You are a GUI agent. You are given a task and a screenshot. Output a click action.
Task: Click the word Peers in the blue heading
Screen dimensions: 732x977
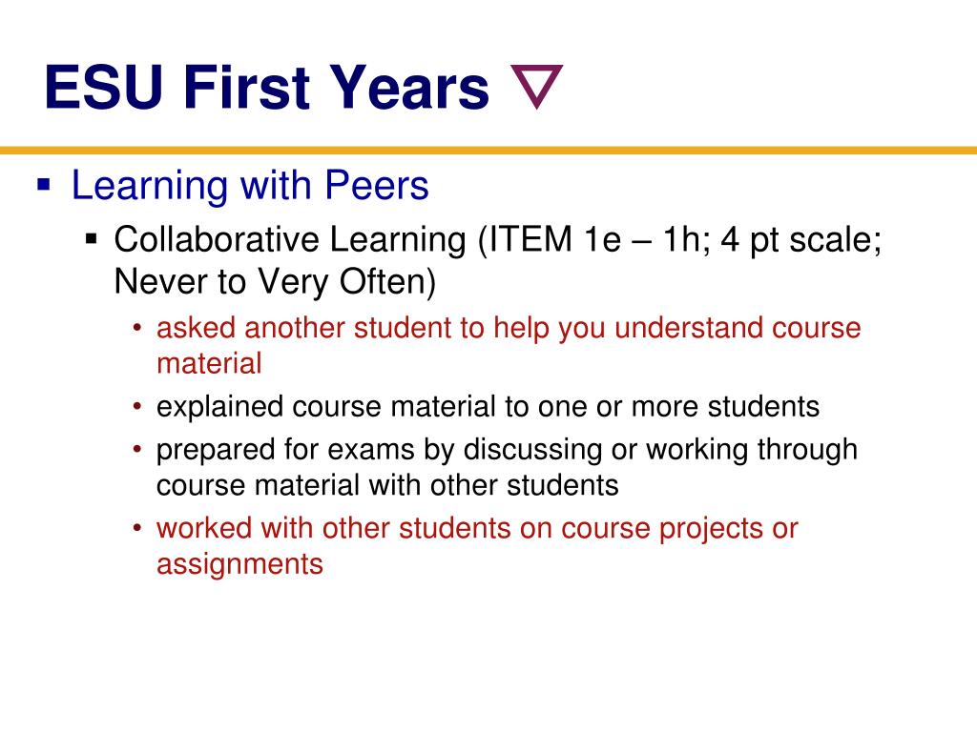tap(378, 186)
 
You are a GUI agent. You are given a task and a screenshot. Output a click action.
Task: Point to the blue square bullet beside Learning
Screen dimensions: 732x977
tap(43, 183)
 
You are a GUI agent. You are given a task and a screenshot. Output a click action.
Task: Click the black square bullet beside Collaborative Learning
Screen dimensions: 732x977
tap(92, 237)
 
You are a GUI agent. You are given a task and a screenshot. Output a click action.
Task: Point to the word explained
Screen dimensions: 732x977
tap(220, 407)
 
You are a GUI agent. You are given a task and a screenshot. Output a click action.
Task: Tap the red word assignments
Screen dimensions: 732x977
tap(239, 564)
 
